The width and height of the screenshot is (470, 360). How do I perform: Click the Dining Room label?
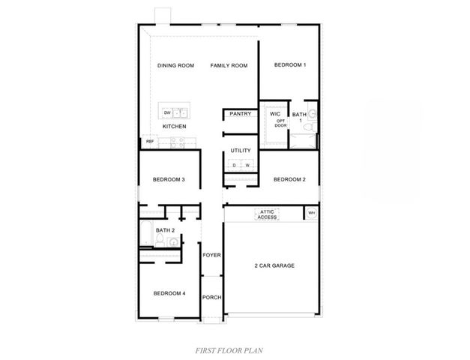click(x=175, y=66)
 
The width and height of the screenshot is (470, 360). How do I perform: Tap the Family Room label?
click(x=229, y=66)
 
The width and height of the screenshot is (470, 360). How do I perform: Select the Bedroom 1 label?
click(x=290, y=66)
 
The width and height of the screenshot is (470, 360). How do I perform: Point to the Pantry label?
click(x=240, y=114)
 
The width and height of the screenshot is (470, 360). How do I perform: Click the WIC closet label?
click(x=275, y=113)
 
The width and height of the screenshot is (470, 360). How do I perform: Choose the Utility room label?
click(x=241, y=151)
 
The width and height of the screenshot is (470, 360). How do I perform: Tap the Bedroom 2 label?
click(x=289, y=179)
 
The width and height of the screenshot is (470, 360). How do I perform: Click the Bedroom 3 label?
click(x=169, y=179)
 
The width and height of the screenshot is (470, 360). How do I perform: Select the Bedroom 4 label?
click(x=169, y=292)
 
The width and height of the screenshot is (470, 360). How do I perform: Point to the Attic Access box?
click(x=267, y=214)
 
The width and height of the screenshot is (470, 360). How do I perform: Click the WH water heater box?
click(x=311, y=214)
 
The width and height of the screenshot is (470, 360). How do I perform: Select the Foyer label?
click(x=211, y=255)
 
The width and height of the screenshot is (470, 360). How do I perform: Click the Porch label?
click(x=211, y=297)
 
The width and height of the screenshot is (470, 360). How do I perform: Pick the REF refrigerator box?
click(x=150, y=141)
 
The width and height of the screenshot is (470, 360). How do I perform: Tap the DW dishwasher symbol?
click(x=167, y=113)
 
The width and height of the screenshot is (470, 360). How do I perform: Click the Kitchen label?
click(x=175, y=127)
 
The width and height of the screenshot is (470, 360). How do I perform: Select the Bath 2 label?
click(x=165, y=230)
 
